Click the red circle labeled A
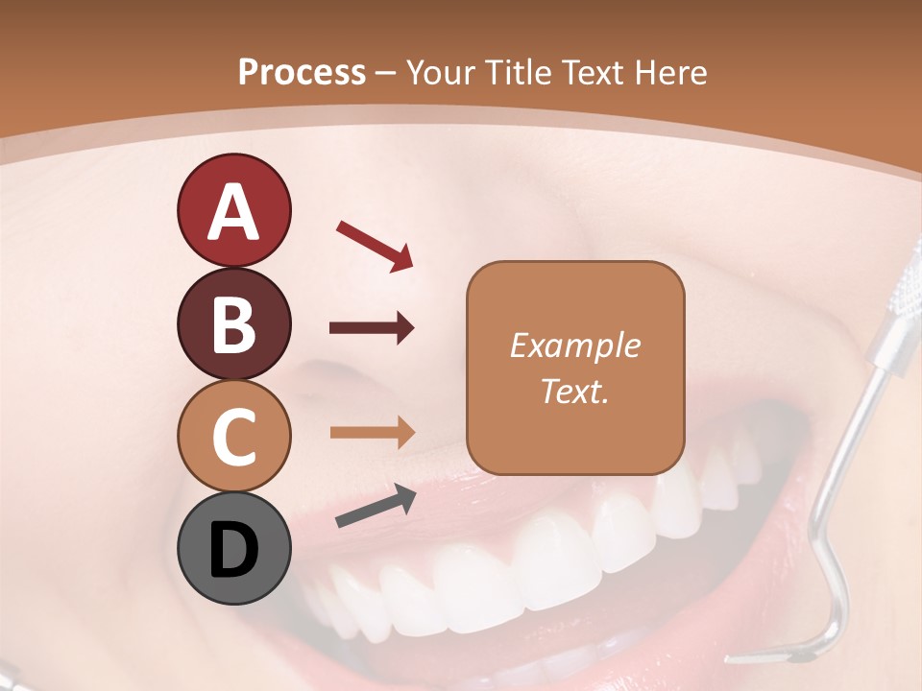click(233, 210)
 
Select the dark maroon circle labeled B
click(233, 323)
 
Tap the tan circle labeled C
click(233, 436)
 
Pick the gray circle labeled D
click(233, 549)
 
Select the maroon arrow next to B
click(372, 328)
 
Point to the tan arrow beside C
click(372, 433)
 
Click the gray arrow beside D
click(376, 506)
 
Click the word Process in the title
click(302, 72)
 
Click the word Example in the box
click(574, 345)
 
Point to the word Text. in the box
click(574, 391)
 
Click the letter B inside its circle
click(233, 324)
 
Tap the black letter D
click(233, 550)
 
